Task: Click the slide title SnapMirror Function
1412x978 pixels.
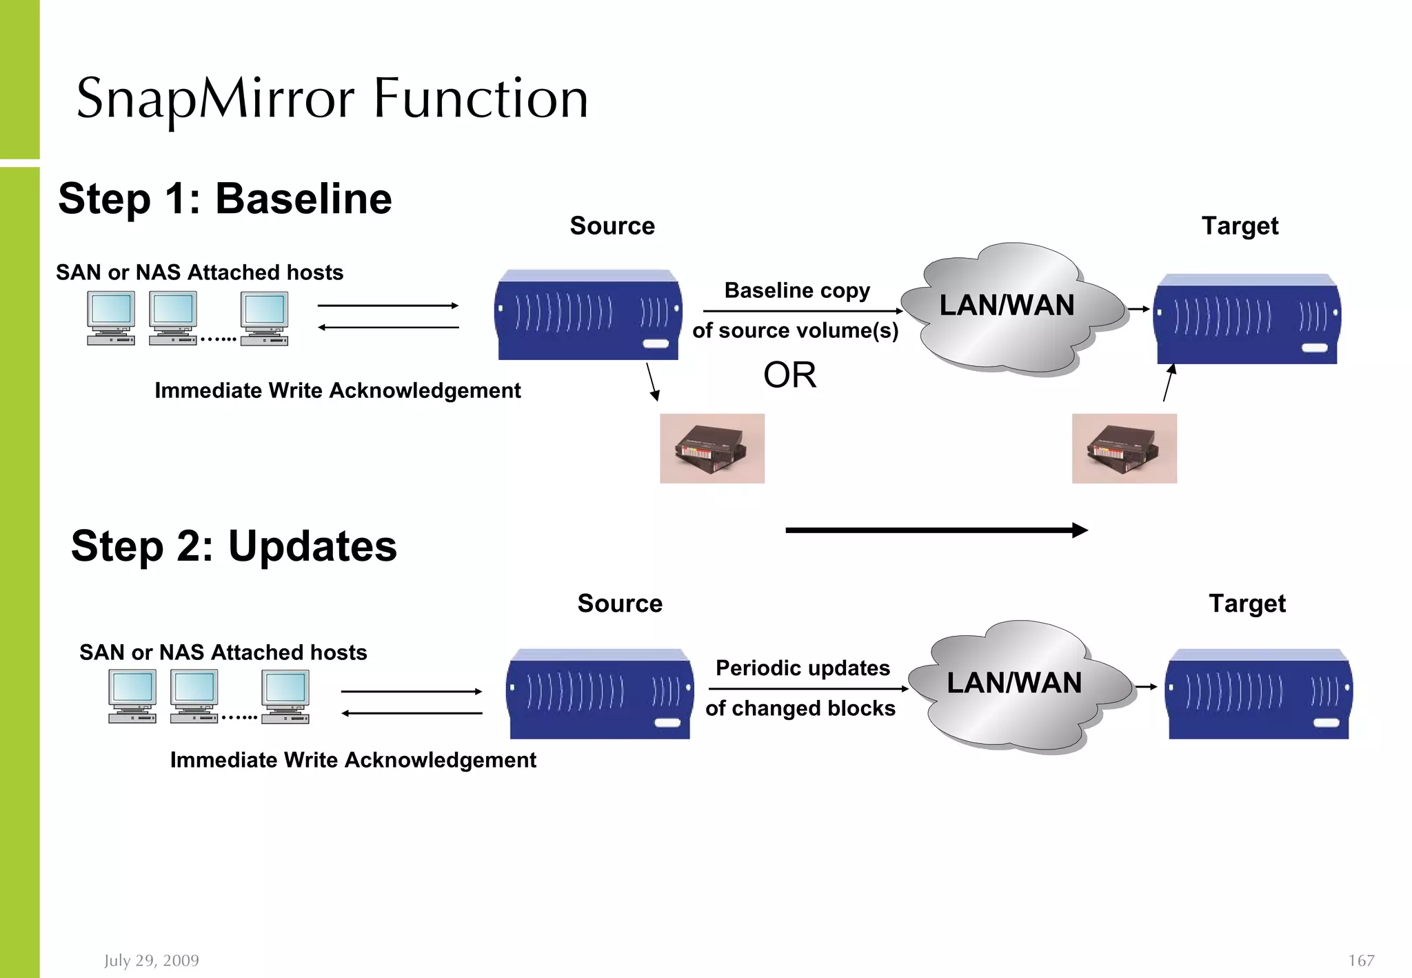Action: tap(332, 99)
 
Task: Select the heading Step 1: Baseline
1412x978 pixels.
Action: tap(225, 199)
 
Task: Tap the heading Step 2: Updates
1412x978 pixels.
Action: tap(234, 546)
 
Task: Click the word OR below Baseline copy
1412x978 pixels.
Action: tap(789, 376)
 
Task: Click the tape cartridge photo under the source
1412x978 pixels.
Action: tap(712, 448)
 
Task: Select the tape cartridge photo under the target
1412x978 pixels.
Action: tap(1124, 448)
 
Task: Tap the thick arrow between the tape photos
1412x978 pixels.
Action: tap(936, 530)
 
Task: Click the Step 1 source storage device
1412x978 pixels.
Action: tap(588, 315)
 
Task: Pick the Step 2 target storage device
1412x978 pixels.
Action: tap(1258, 694)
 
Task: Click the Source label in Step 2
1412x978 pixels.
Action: tap(620, 603)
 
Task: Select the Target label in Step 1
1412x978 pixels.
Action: tap(1240, 226)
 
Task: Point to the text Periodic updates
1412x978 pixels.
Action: tap(803, 668)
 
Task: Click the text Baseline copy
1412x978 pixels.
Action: tap(797, 290)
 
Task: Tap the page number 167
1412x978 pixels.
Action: tap(1361, 960)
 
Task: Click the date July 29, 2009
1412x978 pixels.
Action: tap(152, 960)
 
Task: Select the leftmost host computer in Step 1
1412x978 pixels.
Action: tap(111, 317)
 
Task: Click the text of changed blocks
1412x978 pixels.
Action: tap(800, 708)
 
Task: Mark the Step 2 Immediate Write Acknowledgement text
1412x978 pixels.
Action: tap(353, 760)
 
